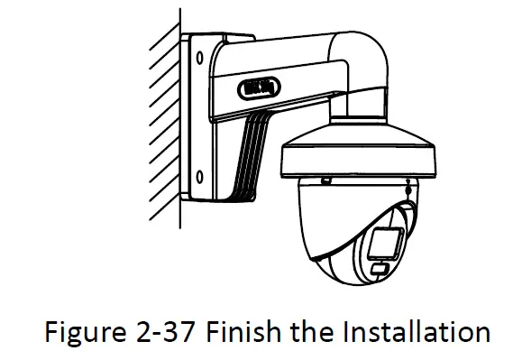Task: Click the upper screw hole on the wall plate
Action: [x=196, y=57]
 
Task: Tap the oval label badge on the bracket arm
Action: [x=260, y=88]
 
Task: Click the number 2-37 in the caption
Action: [x=164, y=332]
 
